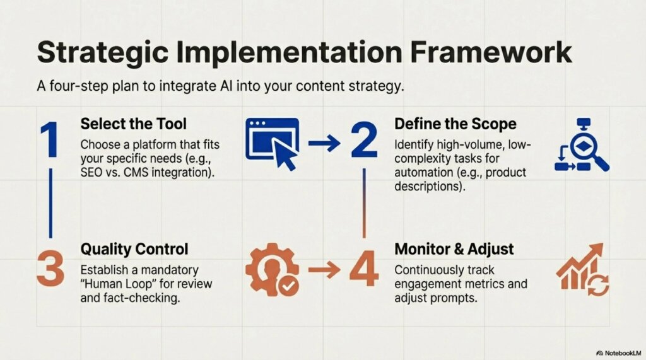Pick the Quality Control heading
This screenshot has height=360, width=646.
(134, 249)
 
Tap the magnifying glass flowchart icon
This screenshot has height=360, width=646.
(581, 145)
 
